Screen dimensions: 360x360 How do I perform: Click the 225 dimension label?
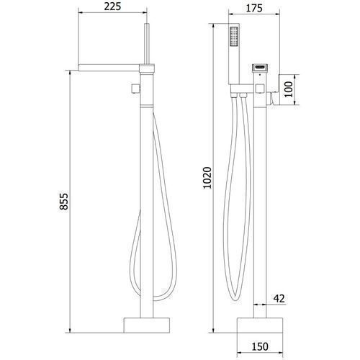coord(112,6)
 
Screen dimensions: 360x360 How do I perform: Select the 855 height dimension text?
coord(64,202)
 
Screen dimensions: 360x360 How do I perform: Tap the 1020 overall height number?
coord(207,178)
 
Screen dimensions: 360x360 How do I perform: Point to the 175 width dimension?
coord(254,8)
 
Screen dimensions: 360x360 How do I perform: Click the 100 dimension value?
coord(289,89)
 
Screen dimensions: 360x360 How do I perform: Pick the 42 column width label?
coord(279,299)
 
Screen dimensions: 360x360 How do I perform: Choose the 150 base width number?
coord(260,346)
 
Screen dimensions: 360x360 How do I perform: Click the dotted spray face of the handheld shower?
coord(234,36)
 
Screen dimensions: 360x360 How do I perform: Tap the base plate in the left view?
coord(147,325)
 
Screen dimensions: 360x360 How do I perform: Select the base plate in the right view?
coord(260,325)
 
